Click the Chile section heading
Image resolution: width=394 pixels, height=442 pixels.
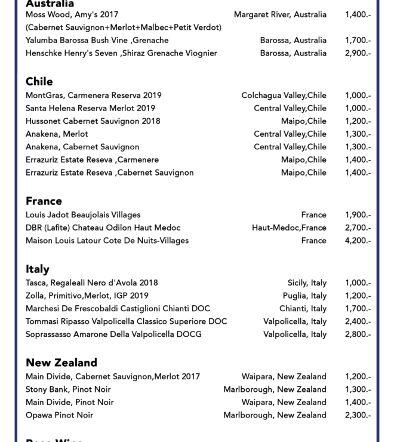pyautogui.click(x=39, y=81)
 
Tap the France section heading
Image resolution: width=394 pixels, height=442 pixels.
pyautogui.click(x=44, y=201)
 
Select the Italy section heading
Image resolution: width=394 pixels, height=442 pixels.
pyautogui.click(x=38, y=269)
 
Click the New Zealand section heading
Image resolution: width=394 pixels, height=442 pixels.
pyautogui.click(x=61, y=363)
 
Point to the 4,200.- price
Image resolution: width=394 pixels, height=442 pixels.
pyautogui.click(x=358, y=241)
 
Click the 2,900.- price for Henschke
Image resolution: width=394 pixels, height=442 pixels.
pyautogui.click(x=358, y=53)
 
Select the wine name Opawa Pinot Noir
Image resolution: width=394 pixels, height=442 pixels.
pyautogui.click(x=59, y=415)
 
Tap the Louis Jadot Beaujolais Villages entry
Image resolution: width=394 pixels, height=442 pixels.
pyautogui.click(x=83, y=215)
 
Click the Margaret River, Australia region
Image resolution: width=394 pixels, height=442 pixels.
pyautogui.click(x=280, y=14)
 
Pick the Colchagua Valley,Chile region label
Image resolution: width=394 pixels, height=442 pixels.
pyautogui.click(x=284, y=96)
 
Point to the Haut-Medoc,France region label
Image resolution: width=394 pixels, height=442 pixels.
pyautogui.click(x=289, y=228)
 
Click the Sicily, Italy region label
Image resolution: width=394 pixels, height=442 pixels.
pyautogui.click(x=307, y=283)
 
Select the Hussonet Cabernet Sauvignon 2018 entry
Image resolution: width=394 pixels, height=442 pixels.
pyautogui.click(x=93, y=121)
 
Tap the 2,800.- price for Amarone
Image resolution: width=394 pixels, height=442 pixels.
pyautogui.click(x=358, y=334)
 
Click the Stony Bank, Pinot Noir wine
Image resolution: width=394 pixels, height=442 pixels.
pyautogui.click(x=69, y=389)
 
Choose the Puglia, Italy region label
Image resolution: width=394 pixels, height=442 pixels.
pyautogui.click(x=304, y=296)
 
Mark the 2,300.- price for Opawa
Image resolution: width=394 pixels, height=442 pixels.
pyautogui.click(x=358, y=415)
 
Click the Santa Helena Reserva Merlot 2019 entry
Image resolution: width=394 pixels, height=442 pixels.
pyautogui.click(x=90, y=108)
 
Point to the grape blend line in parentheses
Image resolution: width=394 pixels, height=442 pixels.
pyautogui.click(x=124, y=27)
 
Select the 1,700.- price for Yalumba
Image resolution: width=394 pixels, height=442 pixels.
pyautogui.click(x=358, y=41)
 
